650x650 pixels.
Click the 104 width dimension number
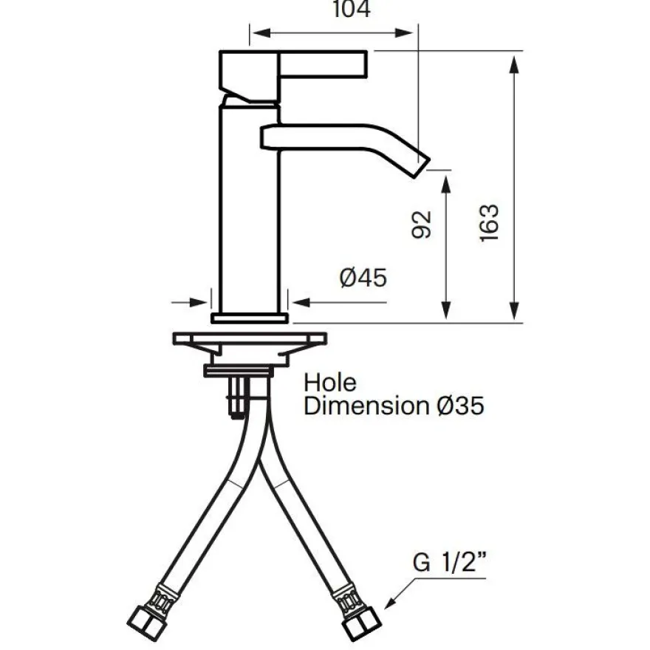[352, 9]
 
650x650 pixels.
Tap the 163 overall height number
[489, 223]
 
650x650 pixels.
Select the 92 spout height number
[422, 225]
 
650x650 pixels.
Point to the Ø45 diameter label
[363, 278]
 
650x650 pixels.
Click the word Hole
[330, 383]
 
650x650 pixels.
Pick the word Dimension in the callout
[366, 406]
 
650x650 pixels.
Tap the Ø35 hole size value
[461, 406]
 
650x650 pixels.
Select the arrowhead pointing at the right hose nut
[390, 603]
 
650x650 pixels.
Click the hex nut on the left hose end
[145, 623]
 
